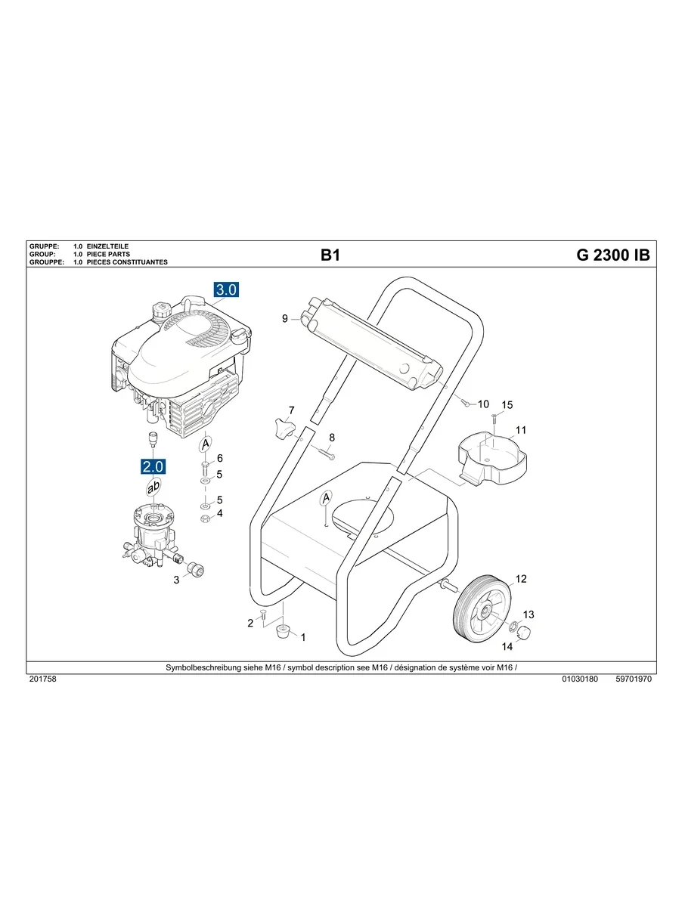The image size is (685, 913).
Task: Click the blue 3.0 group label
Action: click(x=225, y=290)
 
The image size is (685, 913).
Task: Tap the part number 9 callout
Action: click(x=285, y=319)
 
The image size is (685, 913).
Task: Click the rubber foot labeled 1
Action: click(x=284, y=631)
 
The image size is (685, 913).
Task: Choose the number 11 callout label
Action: click(x=520, y=431)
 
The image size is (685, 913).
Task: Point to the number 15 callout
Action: click(x=507, y=405)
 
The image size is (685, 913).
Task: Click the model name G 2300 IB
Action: click(x=612, y=255)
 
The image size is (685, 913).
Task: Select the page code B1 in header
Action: click(x=330, y=255)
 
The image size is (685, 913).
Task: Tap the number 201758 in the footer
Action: click(x=42, y=679)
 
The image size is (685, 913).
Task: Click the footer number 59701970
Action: click(x=634, y=679)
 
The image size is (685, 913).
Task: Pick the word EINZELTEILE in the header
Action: click(x=108, y=247)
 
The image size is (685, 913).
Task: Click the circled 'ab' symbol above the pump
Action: click(x=153, y=488)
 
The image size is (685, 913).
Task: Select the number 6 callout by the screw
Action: click(x=220, y=458)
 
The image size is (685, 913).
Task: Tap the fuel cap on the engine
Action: click(x=160, y=311)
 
